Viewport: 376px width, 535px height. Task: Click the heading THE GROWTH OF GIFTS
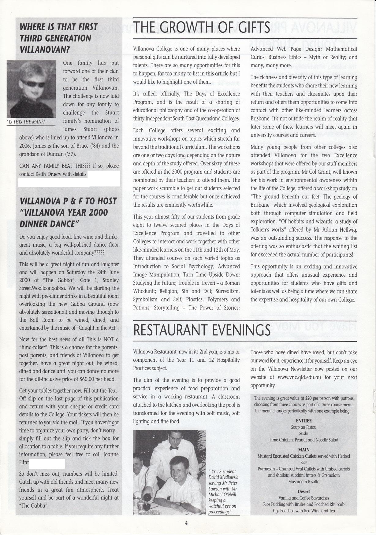point(202,28)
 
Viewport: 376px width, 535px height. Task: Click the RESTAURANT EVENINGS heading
point(202,330)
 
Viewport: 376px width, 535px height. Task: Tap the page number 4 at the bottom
point(186,523)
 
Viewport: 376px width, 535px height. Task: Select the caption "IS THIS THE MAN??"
point(26,122)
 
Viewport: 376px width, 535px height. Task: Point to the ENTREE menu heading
point(303,421)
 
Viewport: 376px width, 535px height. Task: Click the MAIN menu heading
point(303,449)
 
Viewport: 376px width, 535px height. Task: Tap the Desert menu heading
point(303,492)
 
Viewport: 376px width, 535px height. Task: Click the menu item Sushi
point(303,433)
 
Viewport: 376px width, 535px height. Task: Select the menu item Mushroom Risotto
point(303,481)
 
